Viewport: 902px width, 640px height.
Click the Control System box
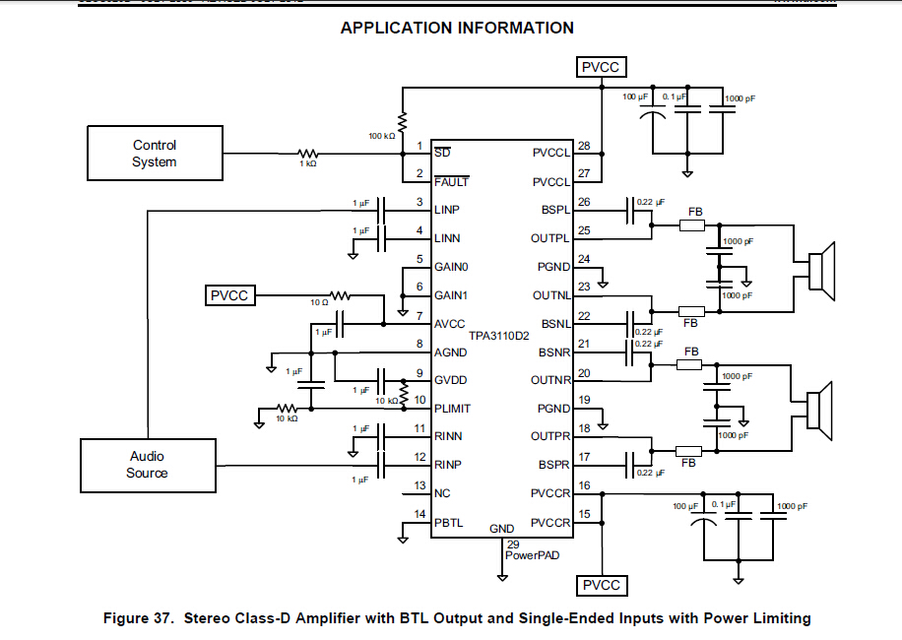click(154, 154)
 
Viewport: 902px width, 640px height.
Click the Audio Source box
click(148, 465)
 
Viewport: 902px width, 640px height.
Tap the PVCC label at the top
click(601, 67)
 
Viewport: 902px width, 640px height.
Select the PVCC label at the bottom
click(601, 586)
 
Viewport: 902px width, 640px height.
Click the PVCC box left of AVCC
click(229, 295)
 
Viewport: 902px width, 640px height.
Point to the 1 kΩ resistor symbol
click(308, 154)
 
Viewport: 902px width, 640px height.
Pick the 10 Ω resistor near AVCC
click(340, 295)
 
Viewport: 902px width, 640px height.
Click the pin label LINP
click(447, 210)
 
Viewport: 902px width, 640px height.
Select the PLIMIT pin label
click(453, 409)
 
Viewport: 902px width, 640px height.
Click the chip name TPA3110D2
click(499, 337)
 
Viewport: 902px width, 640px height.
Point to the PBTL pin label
click(449, 523)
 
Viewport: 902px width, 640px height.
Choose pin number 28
click(584, 147)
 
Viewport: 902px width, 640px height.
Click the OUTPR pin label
click(550, 437)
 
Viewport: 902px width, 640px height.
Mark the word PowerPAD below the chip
click(533, 555)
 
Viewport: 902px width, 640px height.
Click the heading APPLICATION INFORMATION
click(457, 28)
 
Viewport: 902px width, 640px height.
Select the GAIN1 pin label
click(451, 295)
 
